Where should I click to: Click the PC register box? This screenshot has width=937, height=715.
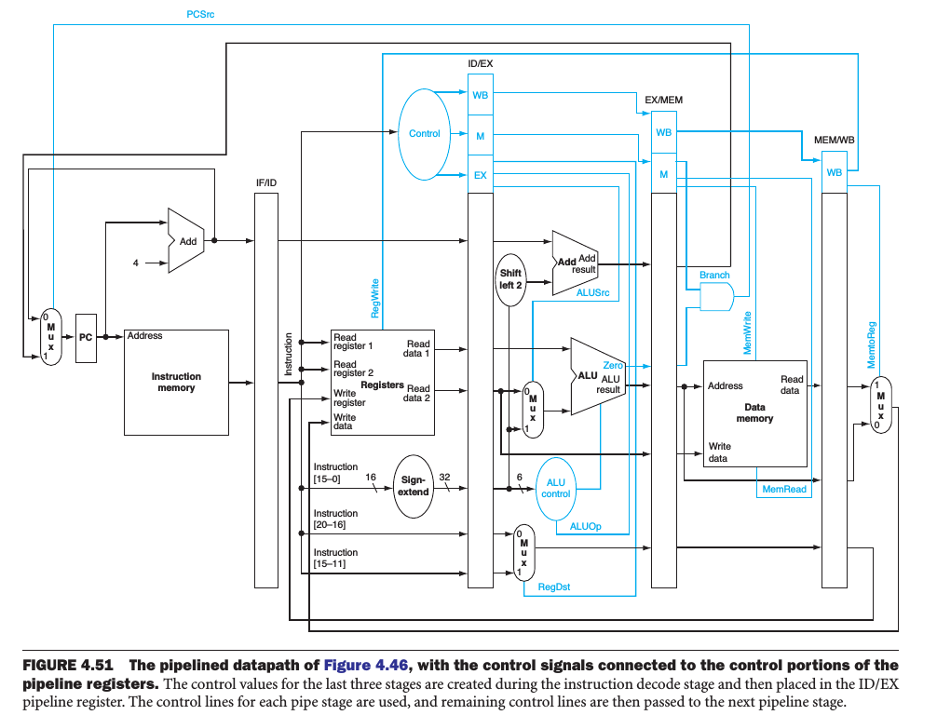pos(86,338)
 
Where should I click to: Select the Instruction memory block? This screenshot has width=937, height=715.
pos(176,382)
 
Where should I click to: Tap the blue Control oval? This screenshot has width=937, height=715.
pos(424,134)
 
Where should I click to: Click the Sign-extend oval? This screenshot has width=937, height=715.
pos(414,486)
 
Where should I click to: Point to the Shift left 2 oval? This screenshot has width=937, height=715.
pos(510,279)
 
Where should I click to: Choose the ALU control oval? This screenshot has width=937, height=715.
pos(555,488)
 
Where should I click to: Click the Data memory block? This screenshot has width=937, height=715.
pos(754,413)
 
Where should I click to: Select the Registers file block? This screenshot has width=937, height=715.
pos(382,382)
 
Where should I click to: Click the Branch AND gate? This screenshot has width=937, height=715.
pos(715,297)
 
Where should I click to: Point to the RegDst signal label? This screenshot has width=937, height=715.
pos(555,587)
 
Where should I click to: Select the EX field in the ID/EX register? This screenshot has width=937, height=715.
pos(480,174)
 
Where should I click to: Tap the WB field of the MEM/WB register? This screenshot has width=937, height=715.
pos(834,172)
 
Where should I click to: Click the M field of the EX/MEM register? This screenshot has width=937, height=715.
pos(663,174)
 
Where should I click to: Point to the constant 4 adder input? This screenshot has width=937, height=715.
pos(135,263)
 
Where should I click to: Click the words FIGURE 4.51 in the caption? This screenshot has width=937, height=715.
pos(67,665)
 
